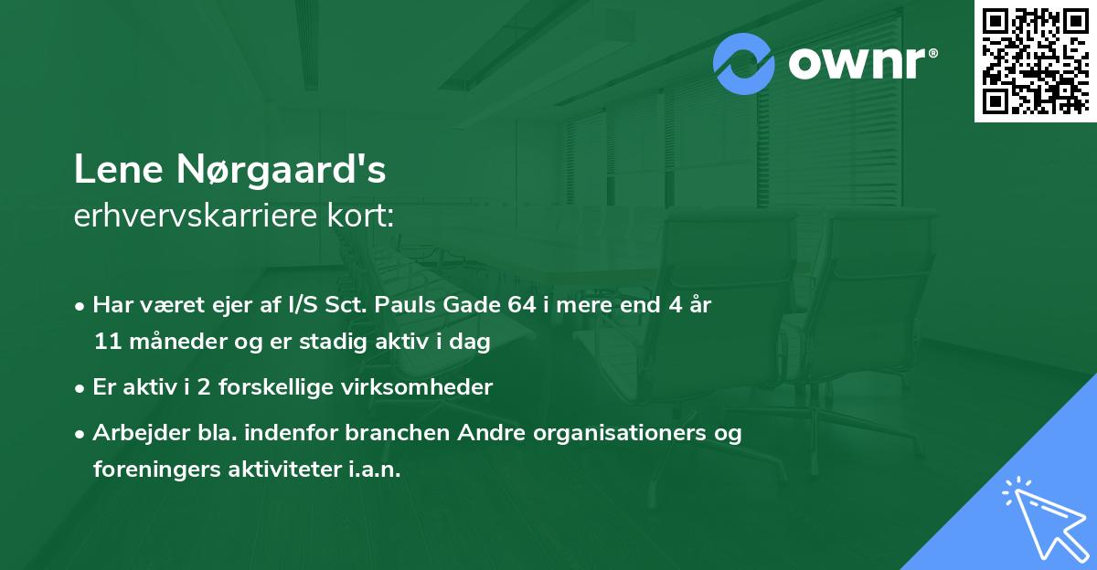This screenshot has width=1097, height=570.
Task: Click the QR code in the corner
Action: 1036,60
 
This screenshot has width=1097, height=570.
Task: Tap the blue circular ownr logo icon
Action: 744,64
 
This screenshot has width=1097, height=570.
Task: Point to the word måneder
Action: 165,343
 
